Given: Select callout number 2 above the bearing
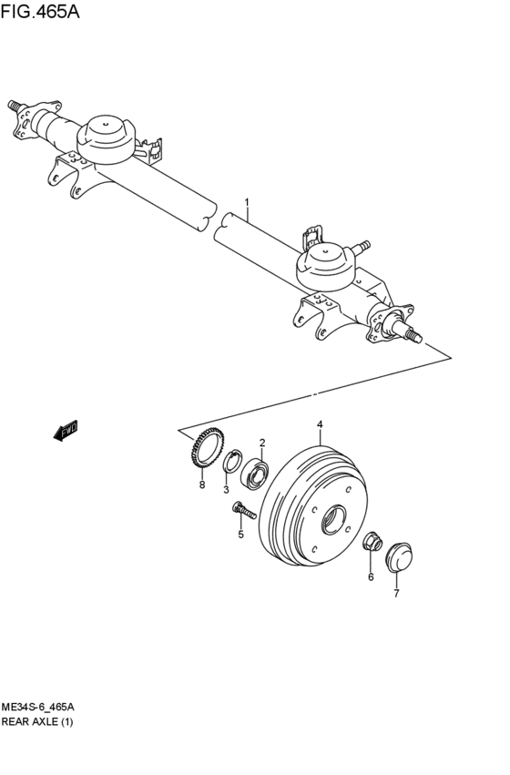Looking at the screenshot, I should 262,443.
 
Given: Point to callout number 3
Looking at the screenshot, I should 227,489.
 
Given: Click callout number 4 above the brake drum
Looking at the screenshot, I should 320,424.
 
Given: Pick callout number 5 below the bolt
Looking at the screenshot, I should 241,534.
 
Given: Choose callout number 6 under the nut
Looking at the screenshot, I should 371,576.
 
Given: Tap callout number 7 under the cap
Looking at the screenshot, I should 397,594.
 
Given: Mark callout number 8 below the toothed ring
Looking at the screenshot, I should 202,484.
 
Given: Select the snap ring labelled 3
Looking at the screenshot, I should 231,462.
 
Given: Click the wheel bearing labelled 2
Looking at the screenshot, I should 255,472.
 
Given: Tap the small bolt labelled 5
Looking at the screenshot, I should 240,510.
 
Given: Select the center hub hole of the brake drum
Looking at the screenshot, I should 336,522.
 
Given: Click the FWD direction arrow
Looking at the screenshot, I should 66,430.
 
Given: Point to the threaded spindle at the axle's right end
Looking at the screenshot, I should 413,335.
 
